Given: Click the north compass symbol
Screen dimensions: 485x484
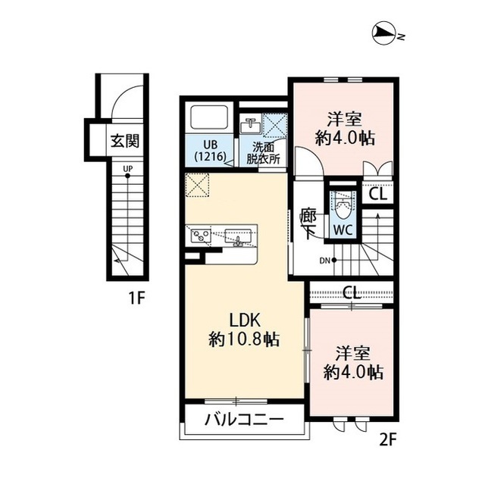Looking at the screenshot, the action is click(x=385, y=33).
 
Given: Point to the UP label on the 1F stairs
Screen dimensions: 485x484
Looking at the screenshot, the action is click(x=128, y=169).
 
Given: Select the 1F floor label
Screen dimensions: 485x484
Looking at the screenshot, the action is click(x=136, y=298).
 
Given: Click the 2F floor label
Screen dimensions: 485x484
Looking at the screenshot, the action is click(x=387, y=439).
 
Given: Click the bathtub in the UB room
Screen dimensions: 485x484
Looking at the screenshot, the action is click(x=210, y=118).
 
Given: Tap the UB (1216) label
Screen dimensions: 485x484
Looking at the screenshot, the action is click(x=210, y=151).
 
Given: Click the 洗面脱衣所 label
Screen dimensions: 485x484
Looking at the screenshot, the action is click(x=263, y=153).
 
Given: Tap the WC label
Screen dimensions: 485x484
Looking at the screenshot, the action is click(x=343, y=230).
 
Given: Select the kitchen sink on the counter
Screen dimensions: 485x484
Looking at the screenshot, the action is click(x=238, y=237).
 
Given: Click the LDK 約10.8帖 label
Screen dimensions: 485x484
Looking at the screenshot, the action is click(x=244, y=330).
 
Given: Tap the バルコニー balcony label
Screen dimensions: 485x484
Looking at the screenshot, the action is click(x=244, y=420).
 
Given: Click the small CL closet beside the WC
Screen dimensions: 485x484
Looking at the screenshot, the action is click(x=378, y=195).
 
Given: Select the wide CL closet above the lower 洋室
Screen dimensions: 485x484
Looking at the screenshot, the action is click(x=352, y=292).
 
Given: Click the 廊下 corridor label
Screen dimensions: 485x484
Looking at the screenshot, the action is click(x=308, y=223).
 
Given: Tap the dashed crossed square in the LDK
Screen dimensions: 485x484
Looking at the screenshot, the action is click(x=198, y=185).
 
